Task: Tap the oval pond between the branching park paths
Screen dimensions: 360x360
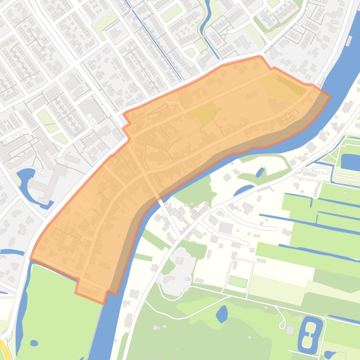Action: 222,314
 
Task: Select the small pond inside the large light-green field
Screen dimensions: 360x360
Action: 34,343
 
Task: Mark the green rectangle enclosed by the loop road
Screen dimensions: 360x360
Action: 238,282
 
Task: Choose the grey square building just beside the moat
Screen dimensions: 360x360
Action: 290,331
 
